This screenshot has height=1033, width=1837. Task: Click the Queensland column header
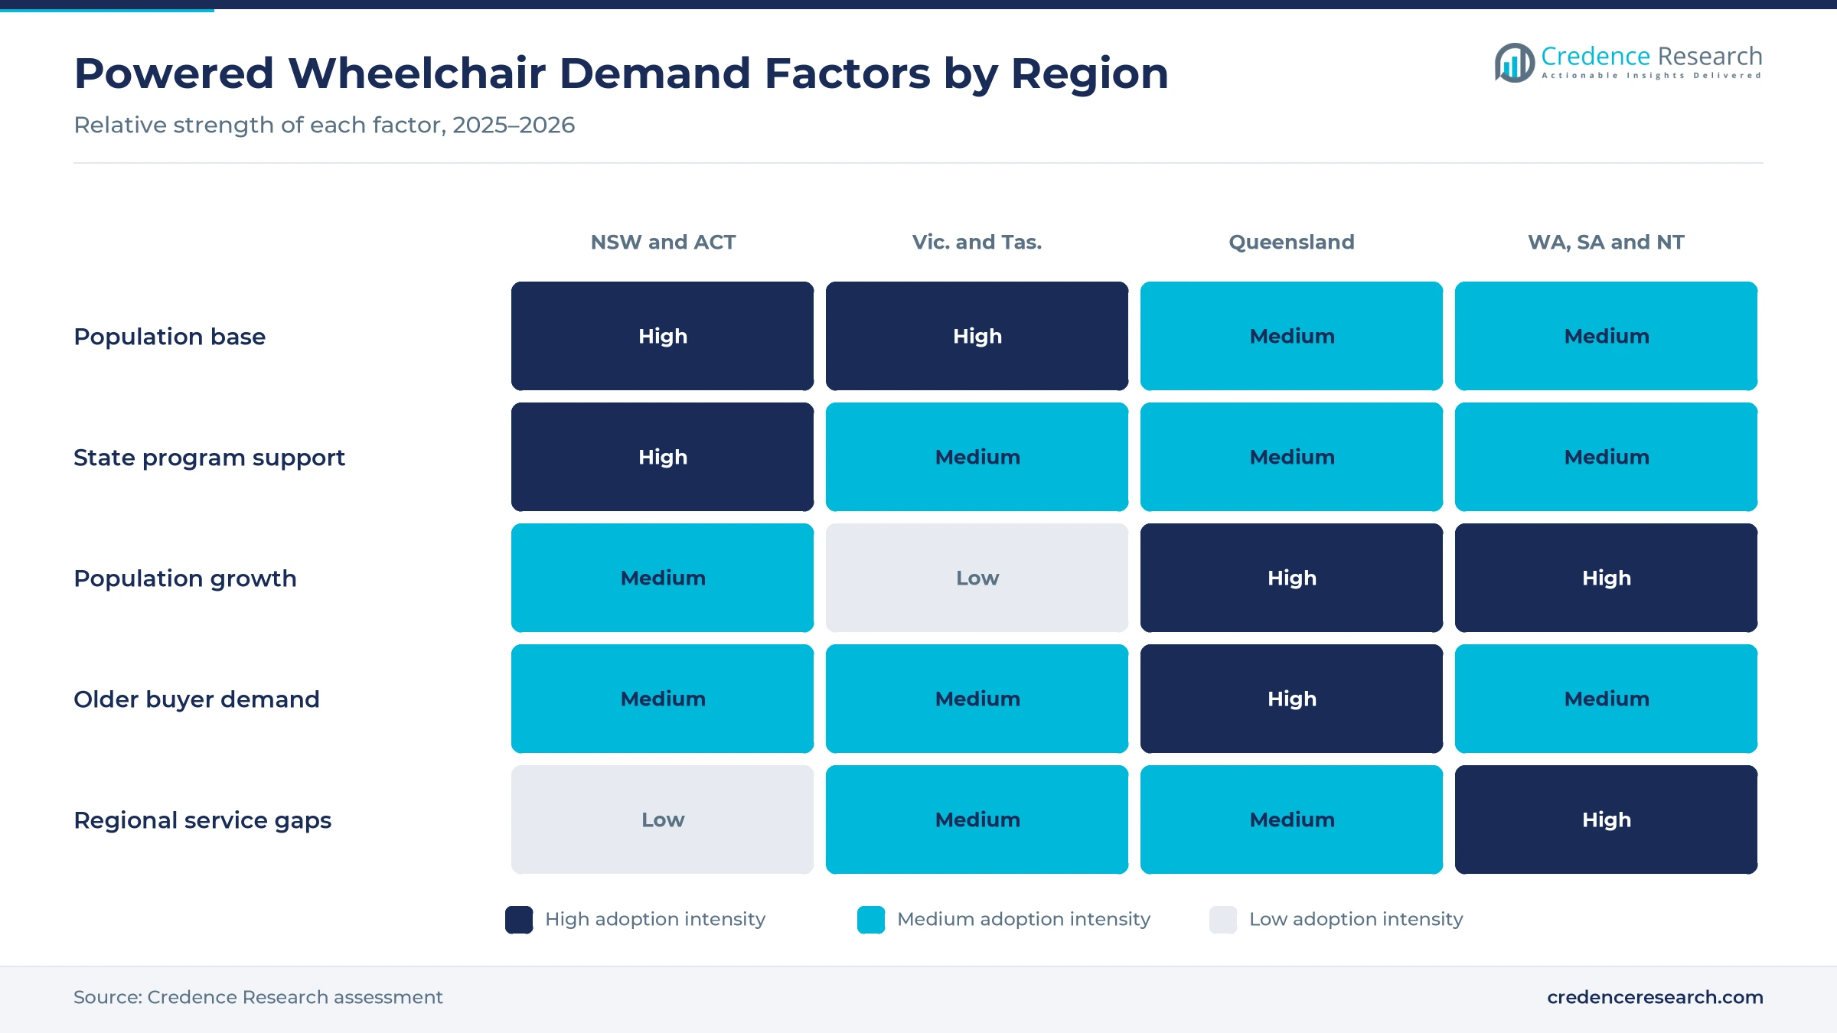click(x=1291, y=242)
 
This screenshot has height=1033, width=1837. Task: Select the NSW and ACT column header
click(x=663, y=242)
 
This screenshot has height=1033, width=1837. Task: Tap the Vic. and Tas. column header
click(x=977, y=242)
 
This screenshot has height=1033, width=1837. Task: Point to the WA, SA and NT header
click(x=1606, y=242)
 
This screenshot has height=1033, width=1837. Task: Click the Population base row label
click(x=169, y=337)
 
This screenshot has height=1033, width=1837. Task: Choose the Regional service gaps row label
click(x=202, y=820)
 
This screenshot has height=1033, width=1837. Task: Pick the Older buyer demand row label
click(x=196, y=699)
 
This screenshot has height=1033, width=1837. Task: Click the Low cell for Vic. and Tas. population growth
click(x=977, y=578)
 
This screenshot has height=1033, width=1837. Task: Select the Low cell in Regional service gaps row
click(x=663, y=820)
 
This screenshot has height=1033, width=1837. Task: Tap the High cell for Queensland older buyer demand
click(x=1291, y=699)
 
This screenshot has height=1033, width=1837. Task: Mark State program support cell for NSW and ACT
click(x=663, y=457)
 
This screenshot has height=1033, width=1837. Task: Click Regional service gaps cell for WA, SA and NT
click(x=1606, y=820)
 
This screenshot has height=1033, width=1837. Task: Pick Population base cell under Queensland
click(x=1291, y=336)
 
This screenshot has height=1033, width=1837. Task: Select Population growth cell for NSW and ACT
click(x=663, y=578)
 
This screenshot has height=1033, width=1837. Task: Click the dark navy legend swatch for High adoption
click(x=519, y=920)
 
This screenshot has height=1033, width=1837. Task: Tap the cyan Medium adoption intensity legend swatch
click(x=871, y=920)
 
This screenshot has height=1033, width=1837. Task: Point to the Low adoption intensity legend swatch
click(x=1223, y=920)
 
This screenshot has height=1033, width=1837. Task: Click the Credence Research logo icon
click(x=1514, y=63)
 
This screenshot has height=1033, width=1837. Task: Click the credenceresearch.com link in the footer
click(x=1655, y=997)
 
